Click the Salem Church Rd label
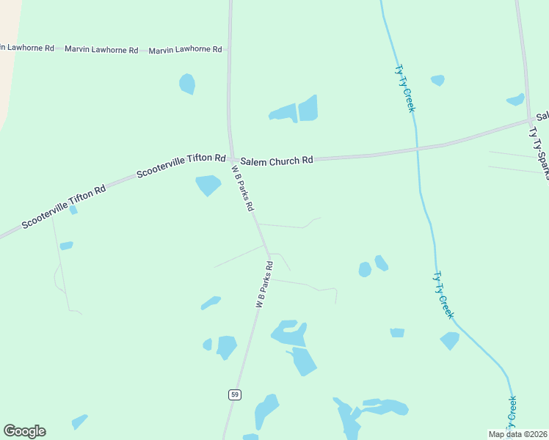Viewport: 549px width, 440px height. (277, 160)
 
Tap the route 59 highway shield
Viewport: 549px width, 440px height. (234, 395)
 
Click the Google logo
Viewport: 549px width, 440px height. (24, 431)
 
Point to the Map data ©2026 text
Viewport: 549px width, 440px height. (517, 434)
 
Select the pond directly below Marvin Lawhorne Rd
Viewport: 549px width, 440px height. (187, 84)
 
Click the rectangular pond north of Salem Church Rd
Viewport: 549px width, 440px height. (308, 108)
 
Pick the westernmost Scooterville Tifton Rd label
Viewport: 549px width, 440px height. (64, 206)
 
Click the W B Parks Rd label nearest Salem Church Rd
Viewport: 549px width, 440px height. (244, 188)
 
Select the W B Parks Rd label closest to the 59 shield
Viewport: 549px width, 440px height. (264, 284)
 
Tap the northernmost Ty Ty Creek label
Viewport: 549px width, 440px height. (404, 88)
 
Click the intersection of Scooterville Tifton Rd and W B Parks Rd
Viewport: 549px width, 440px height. (232, 159)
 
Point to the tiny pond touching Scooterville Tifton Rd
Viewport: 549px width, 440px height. (73, 210)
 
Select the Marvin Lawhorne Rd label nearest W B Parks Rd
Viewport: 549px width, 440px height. (185, 50)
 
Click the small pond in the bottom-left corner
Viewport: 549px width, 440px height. (79, 422)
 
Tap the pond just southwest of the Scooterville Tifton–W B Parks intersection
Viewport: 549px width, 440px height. (208, 185)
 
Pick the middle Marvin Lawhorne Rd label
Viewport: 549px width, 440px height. (101, 50)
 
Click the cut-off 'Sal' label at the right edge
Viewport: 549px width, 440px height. (542, 117)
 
